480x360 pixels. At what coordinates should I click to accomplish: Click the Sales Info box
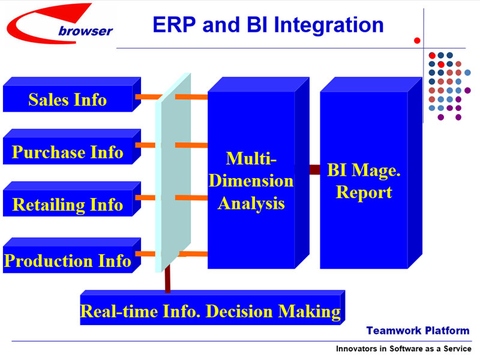tap(68, 99)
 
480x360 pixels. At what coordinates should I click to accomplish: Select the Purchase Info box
tap(68, 152)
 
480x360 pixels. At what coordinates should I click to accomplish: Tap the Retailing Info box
tap(68, 205)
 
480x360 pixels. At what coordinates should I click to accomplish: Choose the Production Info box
tap(68, 260)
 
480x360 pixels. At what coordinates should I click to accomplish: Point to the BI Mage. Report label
tap(364, 181)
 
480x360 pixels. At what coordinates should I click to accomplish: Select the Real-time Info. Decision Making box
tap(211, 311)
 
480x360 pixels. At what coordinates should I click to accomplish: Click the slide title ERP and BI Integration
tap(267, 23)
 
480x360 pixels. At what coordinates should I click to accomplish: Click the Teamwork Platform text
tap(416, 329)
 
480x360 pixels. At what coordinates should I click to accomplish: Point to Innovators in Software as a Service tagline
tap(405, 347)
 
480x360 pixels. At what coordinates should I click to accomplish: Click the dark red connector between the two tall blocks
tap(313, 170)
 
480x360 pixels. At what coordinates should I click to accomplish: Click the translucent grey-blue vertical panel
tap(175, 170)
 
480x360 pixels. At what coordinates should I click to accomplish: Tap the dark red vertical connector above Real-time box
tap(169, 279)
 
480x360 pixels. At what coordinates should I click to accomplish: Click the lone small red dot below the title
tap(417, 41)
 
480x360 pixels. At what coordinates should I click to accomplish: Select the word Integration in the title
tap(326, 23)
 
